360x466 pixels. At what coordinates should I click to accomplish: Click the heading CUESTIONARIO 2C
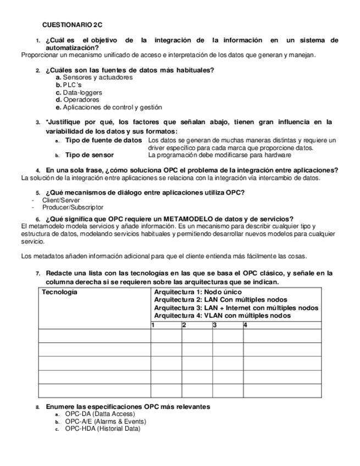click(x=72, y=25)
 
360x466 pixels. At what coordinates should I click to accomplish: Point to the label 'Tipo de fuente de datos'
click(x=103, y=141)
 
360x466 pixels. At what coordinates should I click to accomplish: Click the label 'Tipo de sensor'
click(x=89, y=155)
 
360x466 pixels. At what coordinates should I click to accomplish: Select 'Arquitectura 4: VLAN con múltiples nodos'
click(x=223, y=316)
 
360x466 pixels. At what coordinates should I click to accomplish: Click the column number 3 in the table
click(x=215, y=325)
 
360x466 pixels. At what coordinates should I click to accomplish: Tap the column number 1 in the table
click(x=153, y=325)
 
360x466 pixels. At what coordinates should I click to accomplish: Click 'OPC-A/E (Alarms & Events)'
click(x=105, y=421)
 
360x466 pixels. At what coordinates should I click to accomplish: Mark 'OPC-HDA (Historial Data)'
click(x=102, y=429)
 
